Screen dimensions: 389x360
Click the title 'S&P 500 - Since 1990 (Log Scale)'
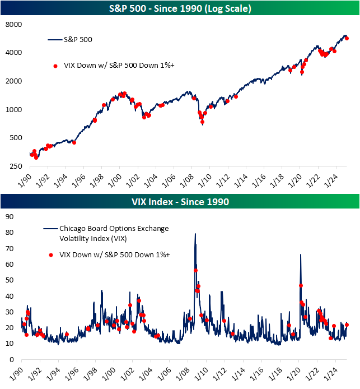click(x=180, y=9)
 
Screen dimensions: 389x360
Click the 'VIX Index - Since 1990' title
click(x=180, y=201)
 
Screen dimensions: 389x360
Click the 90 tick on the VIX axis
click(x=9, y=216)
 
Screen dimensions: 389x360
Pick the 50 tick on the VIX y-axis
click(x=9, y=280)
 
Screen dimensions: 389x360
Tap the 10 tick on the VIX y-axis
click(x=9, y=344)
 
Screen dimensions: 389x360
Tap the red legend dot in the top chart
click(x=55, y=66)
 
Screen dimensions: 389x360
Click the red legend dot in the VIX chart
click(x=51, y=255)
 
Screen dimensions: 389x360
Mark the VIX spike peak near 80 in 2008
click(x=195, y=234)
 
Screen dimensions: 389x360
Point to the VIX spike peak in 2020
click(x=301, y=255)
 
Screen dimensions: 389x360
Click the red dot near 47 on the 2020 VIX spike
click(x=301, y=285)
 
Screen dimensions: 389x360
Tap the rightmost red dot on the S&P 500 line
click(x=347, y=38)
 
